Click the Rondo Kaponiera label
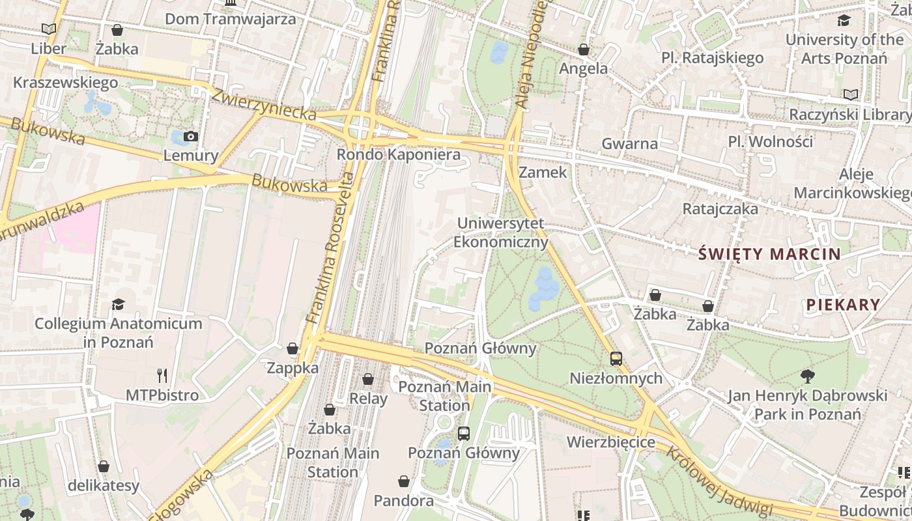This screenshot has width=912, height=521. (x=398, y=155)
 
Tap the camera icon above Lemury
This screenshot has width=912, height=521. (x=191, y=136)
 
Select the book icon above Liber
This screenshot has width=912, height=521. (x=49, y=29)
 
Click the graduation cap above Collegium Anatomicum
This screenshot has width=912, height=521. (x=118, y=304)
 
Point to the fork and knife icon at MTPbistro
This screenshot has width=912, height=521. (x=162, y=375)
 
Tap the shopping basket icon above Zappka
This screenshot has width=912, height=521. (x=292, y=348)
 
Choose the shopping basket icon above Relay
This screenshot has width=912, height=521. (x=368, y=379)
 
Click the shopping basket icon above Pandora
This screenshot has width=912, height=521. (x=404, y=481)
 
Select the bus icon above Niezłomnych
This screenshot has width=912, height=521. (x=616, y=358)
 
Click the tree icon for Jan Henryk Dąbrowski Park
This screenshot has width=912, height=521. (x=808, y=376)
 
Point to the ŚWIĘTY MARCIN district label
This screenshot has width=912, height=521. (x=769, y=254)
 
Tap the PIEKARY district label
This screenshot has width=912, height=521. (x=843, y=304)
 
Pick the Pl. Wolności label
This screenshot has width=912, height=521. (x=771, y=141)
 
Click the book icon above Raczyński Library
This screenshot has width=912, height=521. (x=850, y=94)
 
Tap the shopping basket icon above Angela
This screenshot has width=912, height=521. (x=584, y=49)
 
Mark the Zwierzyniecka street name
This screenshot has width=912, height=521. (x=264, y=104)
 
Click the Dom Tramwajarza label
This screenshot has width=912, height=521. (x=230, y=19)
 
